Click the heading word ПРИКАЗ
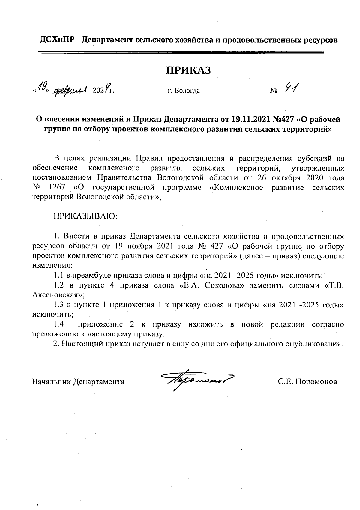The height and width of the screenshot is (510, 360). pos(188,70)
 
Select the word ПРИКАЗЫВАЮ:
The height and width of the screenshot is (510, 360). pos(86,216)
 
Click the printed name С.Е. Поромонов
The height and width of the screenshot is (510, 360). pos(307,382)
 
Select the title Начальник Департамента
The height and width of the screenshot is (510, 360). pos(78,382)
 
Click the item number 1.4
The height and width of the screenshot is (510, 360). pos(58,324)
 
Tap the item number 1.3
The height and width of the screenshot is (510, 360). pos(58,305)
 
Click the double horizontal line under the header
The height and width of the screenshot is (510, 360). pos(181,53)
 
